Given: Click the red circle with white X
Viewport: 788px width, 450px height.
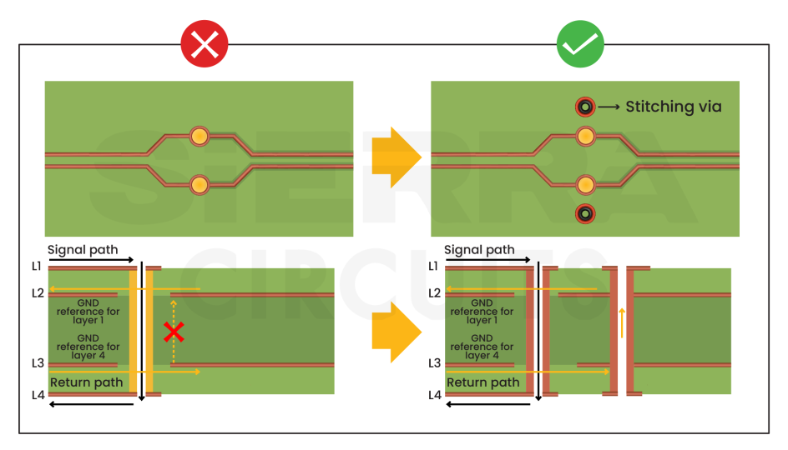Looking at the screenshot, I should pyautogui.click(x=205, y=44).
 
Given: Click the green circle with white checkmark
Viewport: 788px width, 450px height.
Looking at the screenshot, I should pyautogui.click(x=580, y=44).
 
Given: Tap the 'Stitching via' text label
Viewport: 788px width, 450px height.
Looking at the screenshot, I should pyautogui.click(x=673, y=107).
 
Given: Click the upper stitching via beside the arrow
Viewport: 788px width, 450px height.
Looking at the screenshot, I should pyautogui.click(x=585, y=107).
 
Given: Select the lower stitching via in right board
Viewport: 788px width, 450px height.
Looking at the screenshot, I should pyautogui.click(x=585, y=214).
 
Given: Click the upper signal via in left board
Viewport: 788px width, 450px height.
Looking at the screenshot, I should pyautogui.click(x=199, y=136).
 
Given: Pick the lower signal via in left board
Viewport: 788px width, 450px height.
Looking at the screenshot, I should pyautogui.click(x=199, y=184).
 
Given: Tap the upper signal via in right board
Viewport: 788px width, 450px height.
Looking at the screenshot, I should pyautogui.click(x=585, y=135).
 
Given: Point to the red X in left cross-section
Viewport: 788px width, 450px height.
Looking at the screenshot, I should pyautogui.click(x=174, y=332).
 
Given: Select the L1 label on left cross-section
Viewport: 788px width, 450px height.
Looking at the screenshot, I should pyautogui.click(x=37, y=266).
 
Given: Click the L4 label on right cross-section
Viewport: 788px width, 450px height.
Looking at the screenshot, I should pyautogui.click(x=434, y=395).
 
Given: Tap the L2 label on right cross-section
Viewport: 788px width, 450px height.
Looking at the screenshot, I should pyautogui.click(x=434, y=293).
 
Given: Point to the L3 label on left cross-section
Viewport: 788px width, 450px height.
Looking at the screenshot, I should pyautogui.click(x=37, y=363).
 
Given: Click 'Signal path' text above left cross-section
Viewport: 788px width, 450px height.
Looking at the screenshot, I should pyautogui.click(x=83, y=250).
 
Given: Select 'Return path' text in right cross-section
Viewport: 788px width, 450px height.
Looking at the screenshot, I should pyautogui.click(x=482, y=382).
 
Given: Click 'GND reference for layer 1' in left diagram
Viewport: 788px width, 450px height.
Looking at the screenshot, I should pyautogui.click(x=88, y=312).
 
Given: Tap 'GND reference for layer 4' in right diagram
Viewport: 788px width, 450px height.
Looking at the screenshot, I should pyautogui.click(x=482, y=347).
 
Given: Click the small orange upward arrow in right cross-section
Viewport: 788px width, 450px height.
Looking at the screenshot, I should pyautogui.click(x=621, y=322).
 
